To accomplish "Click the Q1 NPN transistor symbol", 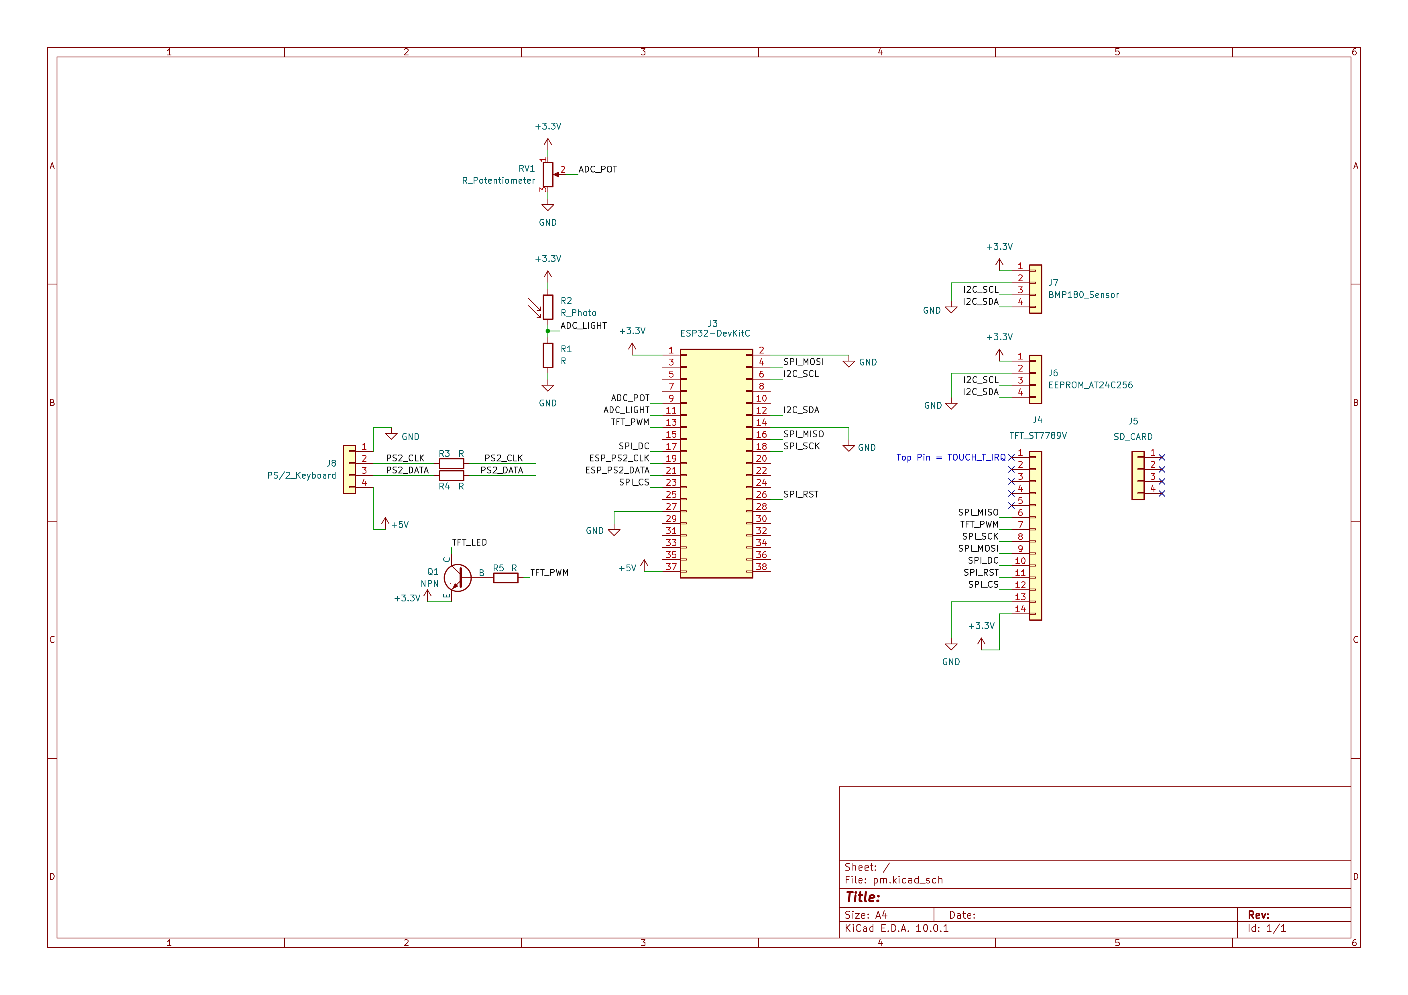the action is click(x=457, y=577).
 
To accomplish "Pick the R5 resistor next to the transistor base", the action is click(x=506, y=577).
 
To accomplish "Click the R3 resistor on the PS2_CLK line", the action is click(x=452, y=463).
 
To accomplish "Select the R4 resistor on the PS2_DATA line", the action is click(x=452, y=475).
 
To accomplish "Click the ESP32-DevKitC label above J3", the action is click(x=715, y=333).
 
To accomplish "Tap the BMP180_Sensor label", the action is click(x=1084, y=295).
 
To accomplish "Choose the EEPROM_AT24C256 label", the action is click(x=1091, y=385).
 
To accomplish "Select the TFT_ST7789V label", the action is click(x=1038, y=436).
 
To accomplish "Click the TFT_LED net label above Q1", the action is click(x=469, y=542).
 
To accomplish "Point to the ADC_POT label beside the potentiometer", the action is click(x=598, y=169).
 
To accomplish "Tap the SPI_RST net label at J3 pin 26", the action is click(x=801, y=494).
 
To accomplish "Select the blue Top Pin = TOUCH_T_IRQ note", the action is click(x=951, y=457).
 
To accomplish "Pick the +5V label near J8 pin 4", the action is click(x=400, y=525).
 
